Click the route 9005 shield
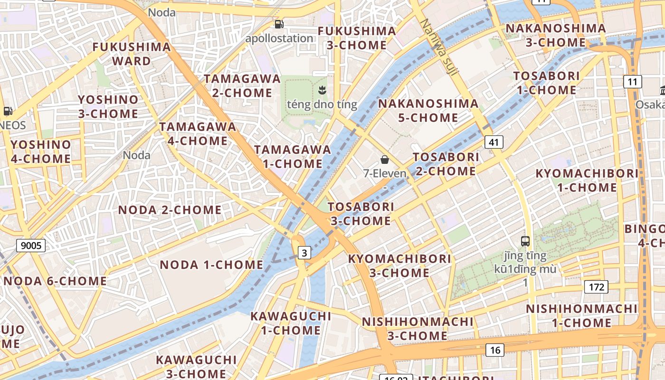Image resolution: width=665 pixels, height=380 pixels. click(x=31, y=246)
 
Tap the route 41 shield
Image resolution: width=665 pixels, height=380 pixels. click(x=494, y=142)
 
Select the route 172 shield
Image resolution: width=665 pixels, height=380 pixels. click(x=596, y=287)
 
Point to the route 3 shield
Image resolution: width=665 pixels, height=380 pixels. click(x=304, y=253)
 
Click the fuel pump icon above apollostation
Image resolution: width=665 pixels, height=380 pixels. click(x=279, y=24)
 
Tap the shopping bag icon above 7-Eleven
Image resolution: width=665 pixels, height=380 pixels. click(x=385, y=160)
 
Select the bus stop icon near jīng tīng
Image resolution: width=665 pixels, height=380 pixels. click(x=525, y=241)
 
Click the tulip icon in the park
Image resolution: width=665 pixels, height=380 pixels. click(x=322, y=89)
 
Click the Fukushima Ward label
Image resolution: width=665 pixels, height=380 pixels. click(x=132, y=54)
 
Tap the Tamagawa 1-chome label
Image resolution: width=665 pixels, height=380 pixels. click(x=293, y=156)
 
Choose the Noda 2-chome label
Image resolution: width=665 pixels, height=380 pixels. click(x=170, y=210)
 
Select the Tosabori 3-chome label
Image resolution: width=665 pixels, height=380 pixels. click(x=361, y=214)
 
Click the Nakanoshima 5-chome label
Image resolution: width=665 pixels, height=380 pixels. click(x=428, y=110)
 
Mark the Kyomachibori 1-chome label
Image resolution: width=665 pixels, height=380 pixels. click(x=587, y=180)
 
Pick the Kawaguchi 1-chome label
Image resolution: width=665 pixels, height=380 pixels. click(x=291, y=323)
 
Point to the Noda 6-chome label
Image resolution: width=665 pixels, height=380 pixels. click(x=55, y=281)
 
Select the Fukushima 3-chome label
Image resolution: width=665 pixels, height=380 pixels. click(x=357, y=38)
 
